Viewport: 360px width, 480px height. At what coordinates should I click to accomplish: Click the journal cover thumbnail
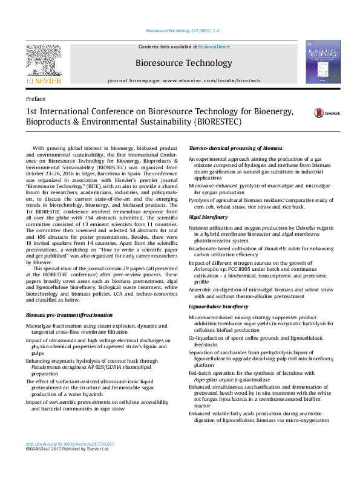coord(323,63)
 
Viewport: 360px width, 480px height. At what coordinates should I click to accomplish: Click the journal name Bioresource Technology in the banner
coord(180,62)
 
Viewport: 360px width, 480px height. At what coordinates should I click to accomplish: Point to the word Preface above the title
coord(36,99)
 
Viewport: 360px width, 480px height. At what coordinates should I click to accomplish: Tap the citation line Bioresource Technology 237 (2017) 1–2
coord(180,30)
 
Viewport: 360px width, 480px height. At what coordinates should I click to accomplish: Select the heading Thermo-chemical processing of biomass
coord(227,148)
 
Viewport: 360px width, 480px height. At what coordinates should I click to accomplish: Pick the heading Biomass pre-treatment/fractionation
coord(69,316)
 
